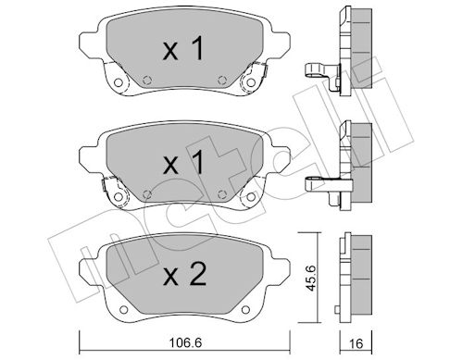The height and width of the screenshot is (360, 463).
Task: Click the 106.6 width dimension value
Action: [185, 342]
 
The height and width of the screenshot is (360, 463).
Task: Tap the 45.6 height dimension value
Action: [312, 278]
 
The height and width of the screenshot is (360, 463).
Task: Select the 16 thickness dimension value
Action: [357, 343]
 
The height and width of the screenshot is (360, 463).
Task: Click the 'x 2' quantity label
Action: [184, 273]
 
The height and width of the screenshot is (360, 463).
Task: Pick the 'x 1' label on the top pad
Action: [183, 48]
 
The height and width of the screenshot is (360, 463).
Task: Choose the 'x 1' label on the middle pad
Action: [183, 162]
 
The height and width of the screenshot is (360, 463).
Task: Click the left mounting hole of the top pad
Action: [118, 82]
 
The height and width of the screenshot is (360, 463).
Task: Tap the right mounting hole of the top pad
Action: [251, 82]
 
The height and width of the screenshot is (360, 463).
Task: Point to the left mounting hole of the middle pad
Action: [118, 196]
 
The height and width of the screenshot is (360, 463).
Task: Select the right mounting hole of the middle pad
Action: [251, 196]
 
